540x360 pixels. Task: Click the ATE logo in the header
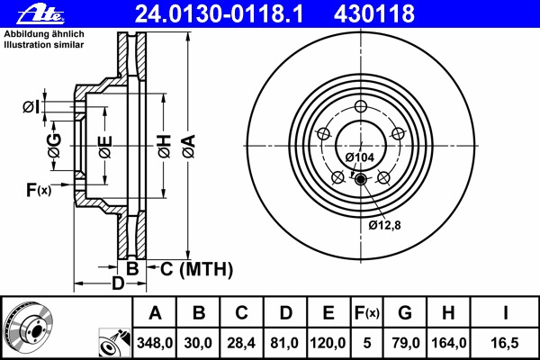click(40, 14)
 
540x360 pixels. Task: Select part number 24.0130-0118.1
click(219, 14)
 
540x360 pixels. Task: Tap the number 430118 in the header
click(374, 14)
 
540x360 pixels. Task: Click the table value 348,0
click(155, 343)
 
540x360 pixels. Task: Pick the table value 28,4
click(241, 343)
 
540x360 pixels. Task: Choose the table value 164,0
click(449, 343)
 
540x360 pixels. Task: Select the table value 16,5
click(505, 343)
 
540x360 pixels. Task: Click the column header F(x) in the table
click(367, 313)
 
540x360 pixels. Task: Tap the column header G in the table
click(405, 313)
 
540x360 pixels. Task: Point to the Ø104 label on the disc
click(359, 157)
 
